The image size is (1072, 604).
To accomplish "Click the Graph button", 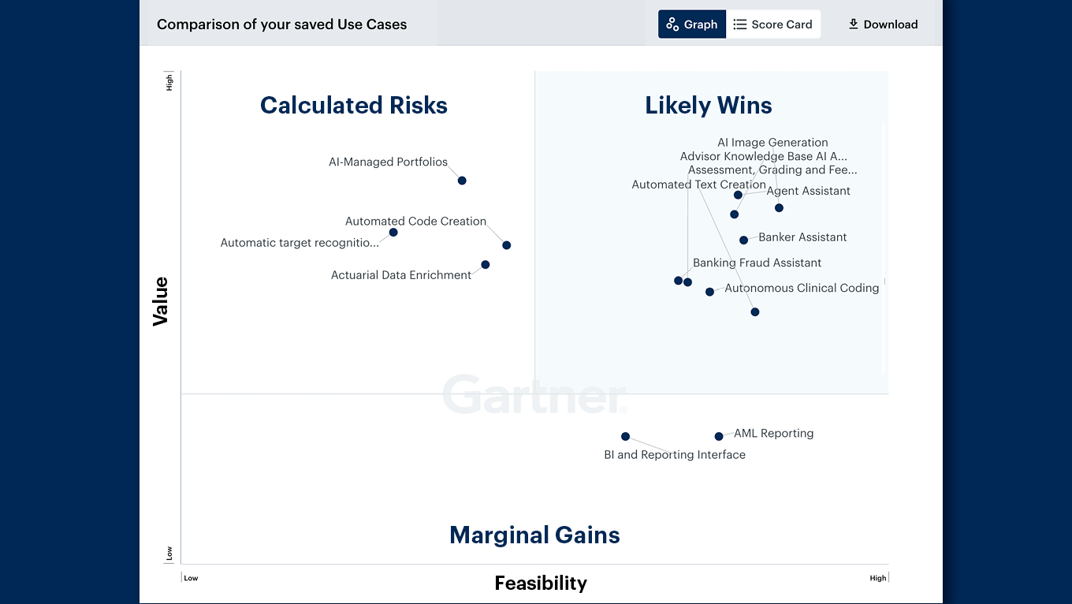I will click(692, 24).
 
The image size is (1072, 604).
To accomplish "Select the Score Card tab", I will click(772, 24).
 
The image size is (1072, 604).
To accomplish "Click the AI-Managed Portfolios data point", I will click(462, 181).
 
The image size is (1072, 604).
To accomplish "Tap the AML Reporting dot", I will click(719, 436).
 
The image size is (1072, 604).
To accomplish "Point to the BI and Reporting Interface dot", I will click(625, 436).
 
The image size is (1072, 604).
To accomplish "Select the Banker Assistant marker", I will click(743, 240).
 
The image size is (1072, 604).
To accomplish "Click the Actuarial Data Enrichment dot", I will click(486, 265).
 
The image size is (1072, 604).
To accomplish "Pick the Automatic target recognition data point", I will click(393, 232).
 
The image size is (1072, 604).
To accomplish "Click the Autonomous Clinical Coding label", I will click(801, 289).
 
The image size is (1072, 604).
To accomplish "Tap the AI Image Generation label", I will click(772, 143).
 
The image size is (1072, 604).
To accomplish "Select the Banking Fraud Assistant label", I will click(757, 263).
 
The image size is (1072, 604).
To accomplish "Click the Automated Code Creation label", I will click(415, 222).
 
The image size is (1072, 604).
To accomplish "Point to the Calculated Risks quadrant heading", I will click(354, 106).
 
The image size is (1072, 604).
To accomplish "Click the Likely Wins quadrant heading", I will click(708, 106).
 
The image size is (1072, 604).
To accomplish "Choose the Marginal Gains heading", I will click(534, 535).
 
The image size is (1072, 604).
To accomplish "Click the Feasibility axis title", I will click(541, 583).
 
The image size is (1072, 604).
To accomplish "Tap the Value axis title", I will click(161, 301).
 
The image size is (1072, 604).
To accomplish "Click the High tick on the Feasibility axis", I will click(877, 578).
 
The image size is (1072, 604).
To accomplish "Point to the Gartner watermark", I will click(534, 395).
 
